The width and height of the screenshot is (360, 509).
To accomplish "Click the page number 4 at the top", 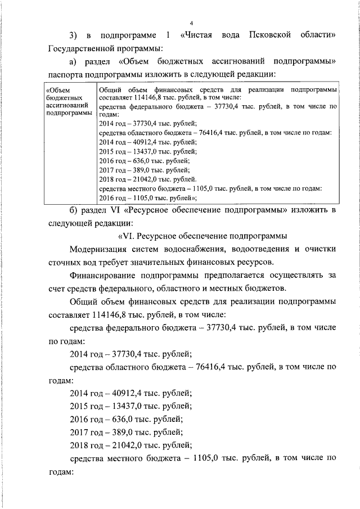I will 191,23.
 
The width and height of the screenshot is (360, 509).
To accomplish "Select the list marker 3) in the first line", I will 73,36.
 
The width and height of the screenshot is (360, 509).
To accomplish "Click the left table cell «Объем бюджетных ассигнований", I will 68,102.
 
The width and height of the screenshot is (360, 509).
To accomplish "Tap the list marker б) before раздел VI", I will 73,210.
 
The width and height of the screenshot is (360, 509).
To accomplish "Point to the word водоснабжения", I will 205,249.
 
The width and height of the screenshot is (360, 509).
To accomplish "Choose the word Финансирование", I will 102,276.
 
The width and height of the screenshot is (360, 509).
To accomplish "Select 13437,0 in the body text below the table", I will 123,406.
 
